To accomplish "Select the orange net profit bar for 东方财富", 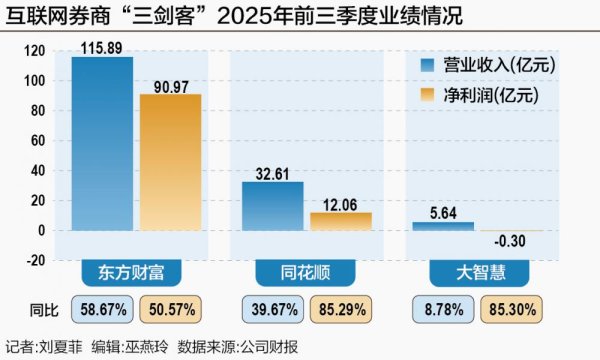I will coord(170,161).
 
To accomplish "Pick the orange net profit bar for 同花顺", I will coord(340,220).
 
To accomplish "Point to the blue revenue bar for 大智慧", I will coord(443,226).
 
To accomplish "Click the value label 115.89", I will coord(102,48).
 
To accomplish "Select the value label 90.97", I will coord(170,85).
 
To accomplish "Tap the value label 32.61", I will coord(273,173).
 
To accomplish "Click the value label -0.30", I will coord(511,241).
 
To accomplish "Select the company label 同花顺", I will coord(306,273).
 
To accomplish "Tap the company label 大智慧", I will coord(477,273).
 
